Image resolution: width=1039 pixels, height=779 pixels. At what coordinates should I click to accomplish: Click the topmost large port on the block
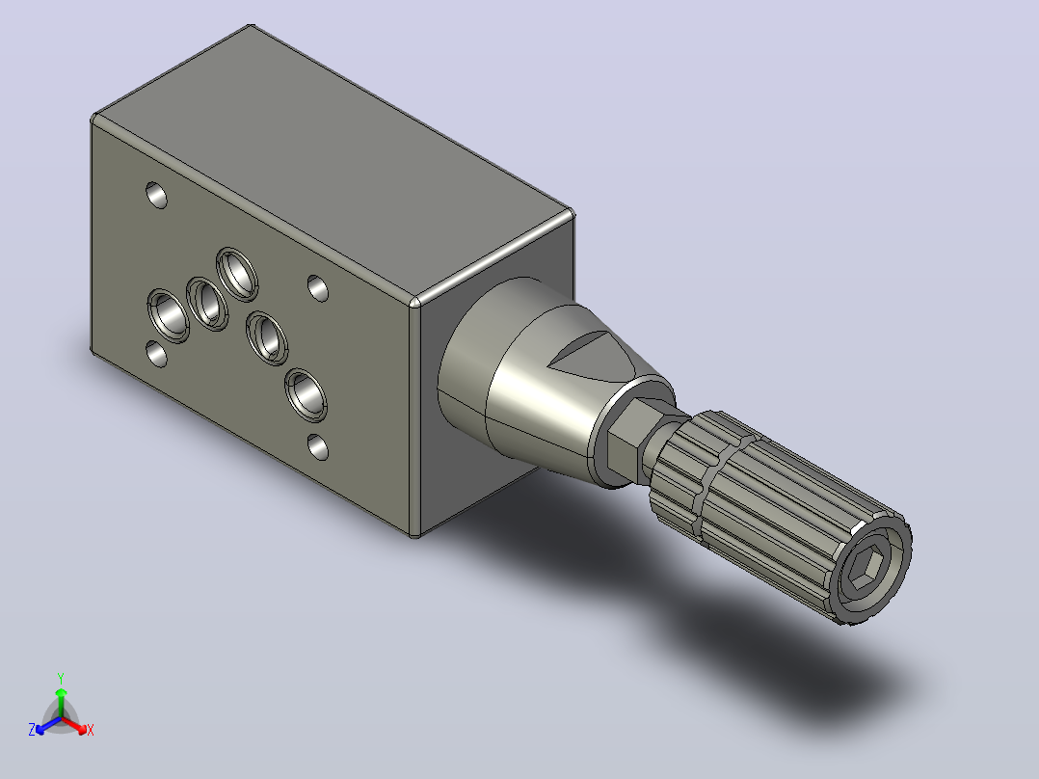(x=236, y=273)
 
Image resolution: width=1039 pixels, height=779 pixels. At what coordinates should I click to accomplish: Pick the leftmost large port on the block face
(x=169, y=315)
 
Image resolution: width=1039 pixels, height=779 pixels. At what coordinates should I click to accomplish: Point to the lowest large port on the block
(x=306, y=394)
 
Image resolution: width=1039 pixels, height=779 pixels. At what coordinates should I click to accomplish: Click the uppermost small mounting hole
(x=156, y=195)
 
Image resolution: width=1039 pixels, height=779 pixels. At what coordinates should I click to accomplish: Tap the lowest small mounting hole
(x=318, y=447)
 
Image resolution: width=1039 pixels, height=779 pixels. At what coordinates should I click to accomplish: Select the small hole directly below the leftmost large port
(x=156, y=354)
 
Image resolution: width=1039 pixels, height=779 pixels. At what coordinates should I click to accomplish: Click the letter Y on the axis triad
(x=61, y=678)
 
